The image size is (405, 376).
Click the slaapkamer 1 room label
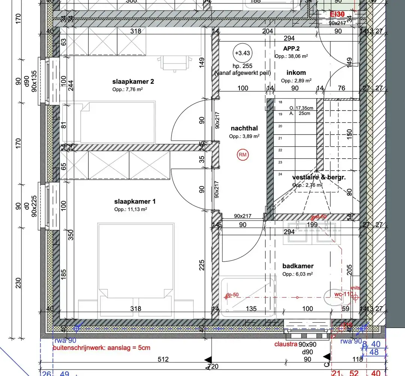tap(134, 202)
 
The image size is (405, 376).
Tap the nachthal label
tap(244, 129)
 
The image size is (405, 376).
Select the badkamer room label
tap(298, 266)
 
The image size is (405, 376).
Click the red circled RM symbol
tap(243, 155)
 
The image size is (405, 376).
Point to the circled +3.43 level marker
tap(242, 53)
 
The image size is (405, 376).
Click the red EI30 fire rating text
tap(337, 15)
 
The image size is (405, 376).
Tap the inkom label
tap(296, 73)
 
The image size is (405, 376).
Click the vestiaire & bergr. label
tap(319, 177)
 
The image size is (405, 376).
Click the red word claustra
tap(286, 344)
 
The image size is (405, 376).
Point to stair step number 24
tap(280, 174)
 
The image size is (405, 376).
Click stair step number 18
tap(280, 102)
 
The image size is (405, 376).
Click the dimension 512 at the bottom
tap(163, 359)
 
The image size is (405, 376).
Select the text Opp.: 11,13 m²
tap(130, 209)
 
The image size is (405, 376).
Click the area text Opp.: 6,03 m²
tap(298, 274)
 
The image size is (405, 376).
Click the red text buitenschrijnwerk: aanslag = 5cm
tap(101, 348)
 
